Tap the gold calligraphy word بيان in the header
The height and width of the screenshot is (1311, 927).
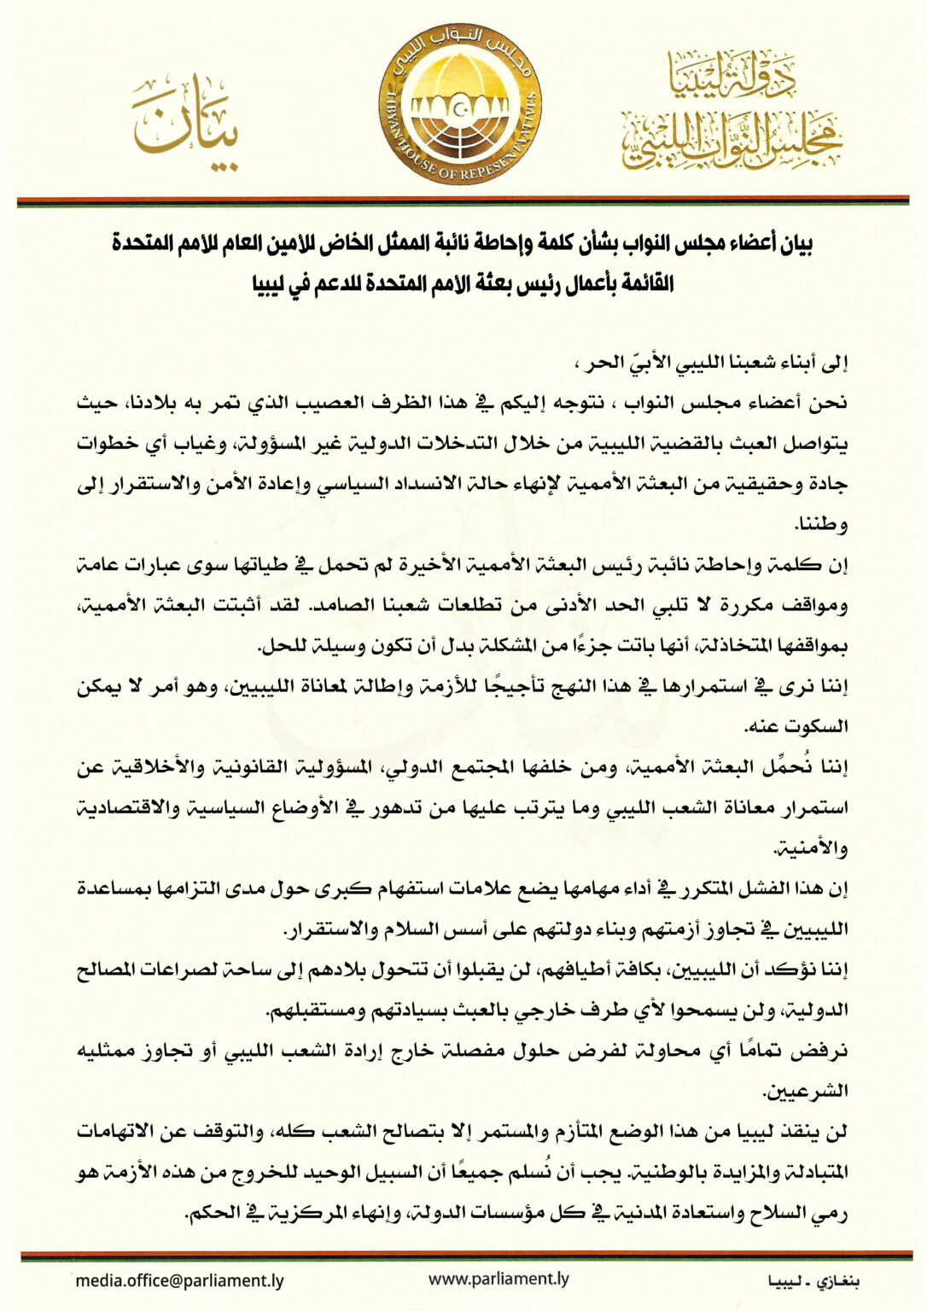(184, 123)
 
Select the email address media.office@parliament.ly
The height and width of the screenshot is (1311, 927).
(179, 1280)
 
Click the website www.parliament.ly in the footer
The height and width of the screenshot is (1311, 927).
(498, 1279)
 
